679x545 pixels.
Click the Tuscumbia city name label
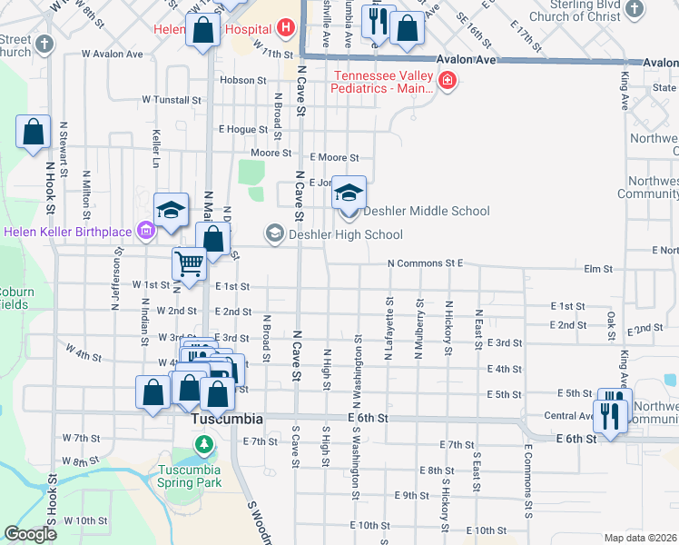click(x=227, y=420)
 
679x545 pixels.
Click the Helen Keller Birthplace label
click(x=68, y=232)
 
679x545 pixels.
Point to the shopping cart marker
click(x=190, y=264)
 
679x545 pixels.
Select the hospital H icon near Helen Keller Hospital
click(x=287, y=28)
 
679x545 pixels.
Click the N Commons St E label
click(x=425, y=263)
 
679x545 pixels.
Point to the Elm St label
click(x=599, y=269)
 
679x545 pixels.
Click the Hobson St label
click(x=243, y=80)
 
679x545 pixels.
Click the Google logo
click(x=30, y=534)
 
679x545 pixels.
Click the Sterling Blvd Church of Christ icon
click(x=635, y=11)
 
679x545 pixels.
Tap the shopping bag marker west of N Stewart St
click(x=34, y=132)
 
